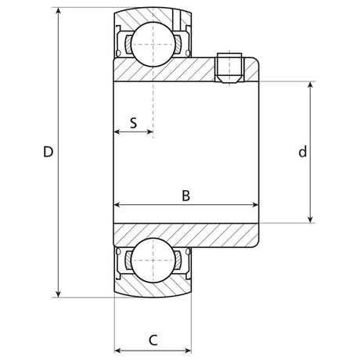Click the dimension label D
click(48, 152)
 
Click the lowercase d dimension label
click(303, 152)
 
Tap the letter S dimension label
click(133, 123)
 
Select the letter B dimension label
click(186, 196)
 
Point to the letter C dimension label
click(153, 340)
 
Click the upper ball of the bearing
click(153, 44)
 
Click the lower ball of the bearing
click(153, 260)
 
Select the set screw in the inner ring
click(229, 68)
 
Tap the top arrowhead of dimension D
click(59, 10)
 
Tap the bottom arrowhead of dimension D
click(59, 294)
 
